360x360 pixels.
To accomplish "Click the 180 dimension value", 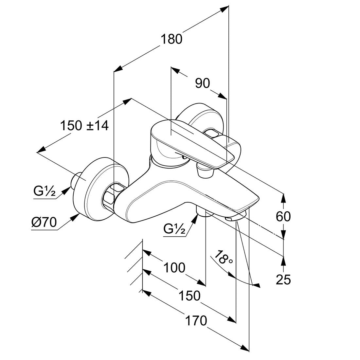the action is pyautogui.click(x=171, y=39).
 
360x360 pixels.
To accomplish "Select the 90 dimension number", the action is pyautogui.click(x=203, y=83).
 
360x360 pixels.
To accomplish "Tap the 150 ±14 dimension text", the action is pyautogui.click(x=84, y=126).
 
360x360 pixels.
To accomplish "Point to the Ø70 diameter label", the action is pyautogui.click(x=44, y=222).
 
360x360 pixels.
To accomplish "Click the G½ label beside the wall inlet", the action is pyautogui.click(x=45, y=191).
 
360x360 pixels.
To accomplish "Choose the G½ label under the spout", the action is pyautogui.click(x=174, y=228).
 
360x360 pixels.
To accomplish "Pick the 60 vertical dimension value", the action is pyautogui.click(x=283, y=216).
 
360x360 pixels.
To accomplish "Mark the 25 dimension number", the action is pyautogui.click(x=283, y=279).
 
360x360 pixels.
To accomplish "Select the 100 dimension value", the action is pyautogui.click(x=174, y=267).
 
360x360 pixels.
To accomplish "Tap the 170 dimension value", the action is pyautogui.click(x=196, y=320).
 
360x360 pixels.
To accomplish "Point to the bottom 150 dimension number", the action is pyautogui.click(x=189, y=296).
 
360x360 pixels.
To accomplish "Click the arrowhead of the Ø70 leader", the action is pyautogui.click(x=76, y=217).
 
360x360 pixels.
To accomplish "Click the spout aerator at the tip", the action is pyautogui.click(x=235, y=217).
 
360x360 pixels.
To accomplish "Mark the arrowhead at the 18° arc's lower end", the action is pyautogui.click(x=257, y=285).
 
